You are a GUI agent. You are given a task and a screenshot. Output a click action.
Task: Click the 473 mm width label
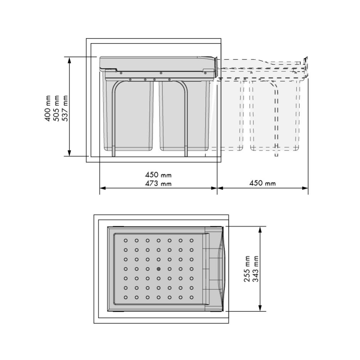158,184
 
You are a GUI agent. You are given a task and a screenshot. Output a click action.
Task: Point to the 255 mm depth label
247,269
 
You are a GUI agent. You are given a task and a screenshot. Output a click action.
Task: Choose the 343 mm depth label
256,269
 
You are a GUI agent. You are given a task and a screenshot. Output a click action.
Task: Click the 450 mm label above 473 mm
158,175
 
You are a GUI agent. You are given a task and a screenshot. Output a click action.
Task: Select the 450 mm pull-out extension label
263,183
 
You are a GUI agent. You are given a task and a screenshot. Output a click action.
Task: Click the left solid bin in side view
128,115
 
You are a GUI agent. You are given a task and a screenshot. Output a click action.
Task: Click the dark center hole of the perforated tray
159,269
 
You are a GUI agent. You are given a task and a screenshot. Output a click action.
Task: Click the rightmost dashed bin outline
274,115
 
